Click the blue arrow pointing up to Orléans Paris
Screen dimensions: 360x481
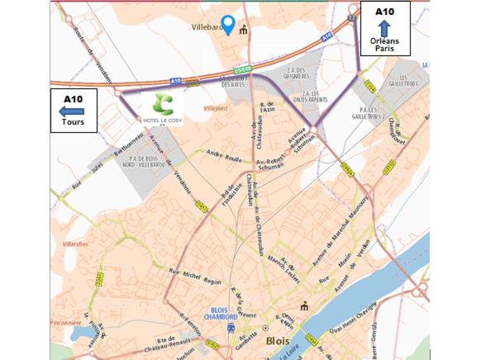[384, 28]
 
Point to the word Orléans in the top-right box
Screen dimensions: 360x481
[383, 40]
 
